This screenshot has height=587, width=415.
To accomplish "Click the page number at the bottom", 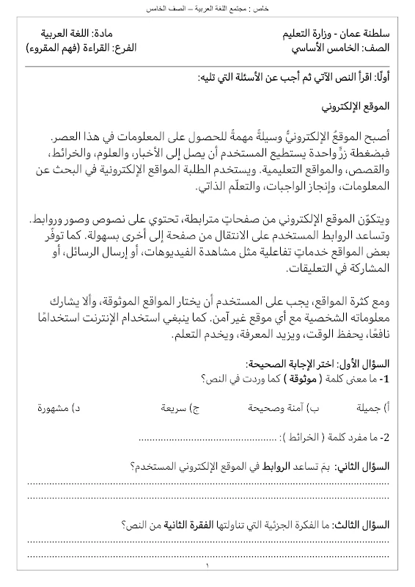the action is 207,566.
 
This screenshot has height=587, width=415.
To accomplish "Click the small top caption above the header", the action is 207,8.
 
